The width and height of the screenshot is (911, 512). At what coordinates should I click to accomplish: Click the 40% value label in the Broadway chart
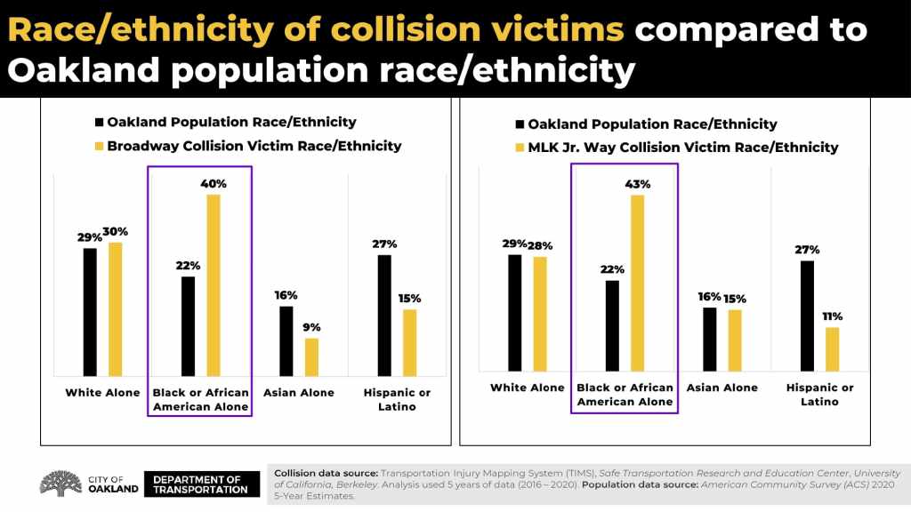coord(214,184)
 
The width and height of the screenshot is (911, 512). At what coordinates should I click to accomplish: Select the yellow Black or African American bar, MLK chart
coord(638,282)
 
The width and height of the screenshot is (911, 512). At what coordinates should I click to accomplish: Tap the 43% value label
coord(638,185)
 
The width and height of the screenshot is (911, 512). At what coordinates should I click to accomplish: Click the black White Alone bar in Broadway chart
coord(90,311)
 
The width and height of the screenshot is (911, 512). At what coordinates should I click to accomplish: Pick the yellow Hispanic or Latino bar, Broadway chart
coord(409,342)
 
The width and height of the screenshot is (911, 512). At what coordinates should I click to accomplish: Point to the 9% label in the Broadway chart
coord(311,327)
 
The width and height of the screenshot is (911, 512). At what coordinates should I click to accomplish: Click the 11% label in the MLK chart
coord(832,316)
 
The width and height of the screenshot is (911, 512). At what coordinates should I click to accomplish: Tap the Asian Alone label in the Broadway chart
coord(299,393)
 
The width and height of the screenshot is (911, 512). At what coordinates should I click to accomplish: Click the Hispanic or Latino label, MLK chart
coord(819,395)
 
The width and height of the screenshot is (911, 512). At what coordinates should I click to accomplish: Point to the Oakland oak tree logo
coord(61,483)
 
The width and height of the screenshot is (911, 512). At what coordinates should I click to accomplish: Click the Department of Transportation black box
coord(200,484)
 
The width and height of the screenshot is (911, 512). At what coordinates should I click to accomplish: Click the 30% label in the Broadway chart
coord(116,232)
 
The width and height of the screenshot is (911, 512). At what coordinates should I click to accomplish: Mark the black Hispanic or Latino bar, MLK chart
coord(807,316)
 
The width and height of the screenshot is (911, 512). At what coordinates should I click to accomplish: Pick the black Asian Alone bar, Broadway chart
coord(286,340)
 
